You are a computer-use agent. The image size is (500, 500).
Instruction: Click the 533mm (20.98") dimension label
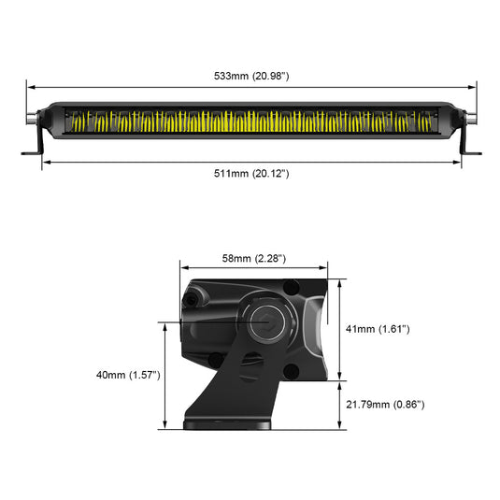(250, 75)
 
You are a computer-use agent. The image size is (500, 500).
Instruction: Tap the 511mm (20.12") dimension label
(250, 174)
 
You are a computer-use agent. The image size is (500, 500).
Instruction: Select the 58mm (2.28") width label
(253, 258)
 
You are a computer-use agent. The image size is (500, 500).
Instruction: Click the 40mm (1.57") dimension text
(128, 375)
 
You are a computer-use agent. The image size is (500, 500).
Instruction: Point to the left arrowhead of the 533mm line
(29, 85)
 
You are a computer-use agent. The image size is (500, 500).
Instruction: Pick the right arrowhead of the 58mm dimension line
(326, 268)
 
